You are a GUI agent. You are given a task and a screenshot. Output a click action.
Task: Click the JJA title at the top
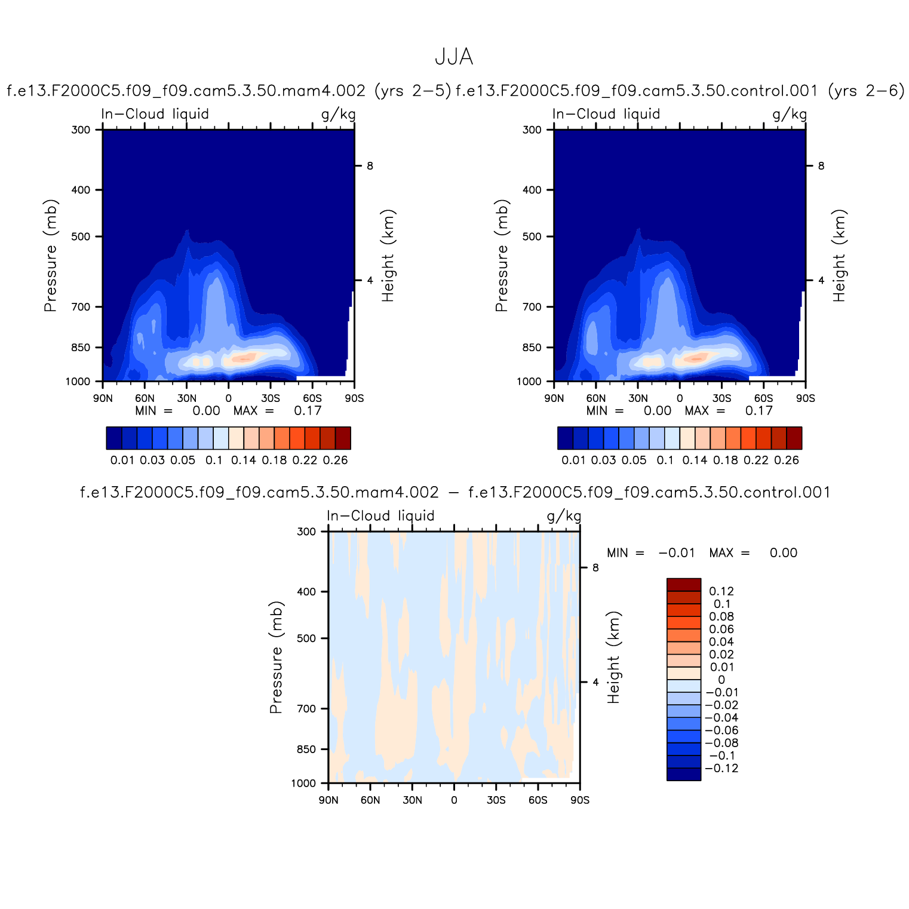click(x=454, y=57)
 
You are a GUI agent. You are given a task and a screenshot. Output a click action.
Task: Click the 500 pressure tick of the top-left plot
click(x=81, y=237)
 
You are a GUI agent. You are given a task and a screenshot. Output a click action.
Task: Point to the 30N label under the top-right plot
click(x=638, y=398)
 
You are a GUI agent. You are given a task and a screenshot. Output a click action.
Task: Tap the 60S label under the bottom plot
click(x=538, y=800)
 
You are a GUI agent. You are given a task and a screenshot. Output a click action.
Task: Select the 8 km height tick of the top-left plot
click(x=370, y=166)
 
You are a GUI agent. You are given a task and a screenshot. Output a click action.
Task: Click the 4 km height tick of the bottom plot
click(x=595, y=682)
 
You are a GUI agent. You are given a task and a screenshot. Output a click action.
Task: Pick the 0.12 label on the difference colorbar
click(x=721, y=591)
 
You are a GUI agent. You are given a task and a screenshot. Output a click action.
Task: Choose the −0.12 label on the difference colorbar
click(x=721, y=769)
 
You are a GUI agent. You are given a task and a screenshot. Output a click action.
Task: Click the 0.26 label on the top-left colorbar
click(x=335, y=460)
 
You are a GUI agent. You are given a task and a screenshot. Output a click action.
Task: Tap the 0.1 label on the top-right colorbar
click(x=665, y=460)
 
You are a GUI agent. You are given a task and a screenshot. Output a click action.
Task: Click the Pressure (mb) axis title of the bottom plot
click(x=275, y=657)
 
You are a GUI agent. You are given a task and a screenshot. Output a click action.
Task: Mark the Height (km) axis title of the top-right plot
click(x=839, y=256)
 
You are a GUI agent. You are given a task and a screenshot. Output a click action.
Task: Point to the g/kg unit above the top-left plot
click(x=338, y=114)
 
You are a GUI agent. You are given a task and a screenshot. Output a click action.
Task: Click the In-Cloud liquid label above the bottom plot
click(x=380, y=516)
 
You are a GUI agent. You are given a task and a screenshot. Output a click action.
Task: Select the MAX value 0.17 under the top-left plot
click(x=308, y=411)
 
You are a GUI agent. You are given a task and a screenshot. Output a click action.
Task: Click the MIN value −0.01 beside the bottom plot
click(x=677, y=553)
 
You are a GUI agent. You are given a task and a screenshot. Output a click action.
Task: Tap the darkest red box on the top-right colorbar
click(x=794, y=438)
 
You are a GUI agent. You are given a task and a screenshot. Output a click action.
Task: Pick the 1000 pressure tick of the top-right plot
click(x=529, y=382)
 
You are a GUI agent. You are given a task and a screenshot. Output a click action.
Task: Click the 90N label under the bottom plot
click(x=328, y=800)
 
